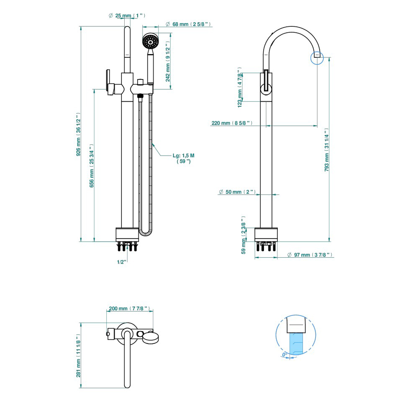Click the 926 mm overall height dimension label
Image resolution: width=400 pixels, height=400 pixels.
click(77, 135)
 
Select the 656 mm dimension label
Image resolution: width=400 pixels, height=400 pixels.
click(92, 166)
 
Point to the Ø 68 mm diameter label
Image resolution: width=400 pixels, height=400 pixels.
click(188, 24)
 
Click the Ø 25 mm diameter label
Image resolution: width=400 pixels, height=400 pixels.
click(127, 15)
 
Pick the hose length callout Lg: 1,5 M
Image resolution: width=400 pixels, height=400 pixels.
click(184, 158)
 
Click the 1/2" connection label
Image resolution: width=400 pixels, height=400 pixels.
click(121, 262)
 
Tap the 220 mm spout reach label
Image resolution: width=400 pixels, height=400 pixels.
click(232, 123)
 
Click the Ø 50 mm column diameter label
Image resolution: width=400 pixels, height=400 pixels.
click(237, 192)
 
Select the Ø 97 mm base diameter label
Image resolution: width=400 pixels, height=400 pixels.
click(310, 255)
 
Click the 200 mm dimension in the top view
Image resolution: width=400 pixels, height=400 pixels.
click(129, 308)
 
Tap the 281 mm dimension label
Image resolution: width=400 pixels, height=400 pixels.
click(78, 355)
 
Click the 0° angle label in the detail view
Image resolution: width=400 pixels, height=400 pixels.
click(285, 354)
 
